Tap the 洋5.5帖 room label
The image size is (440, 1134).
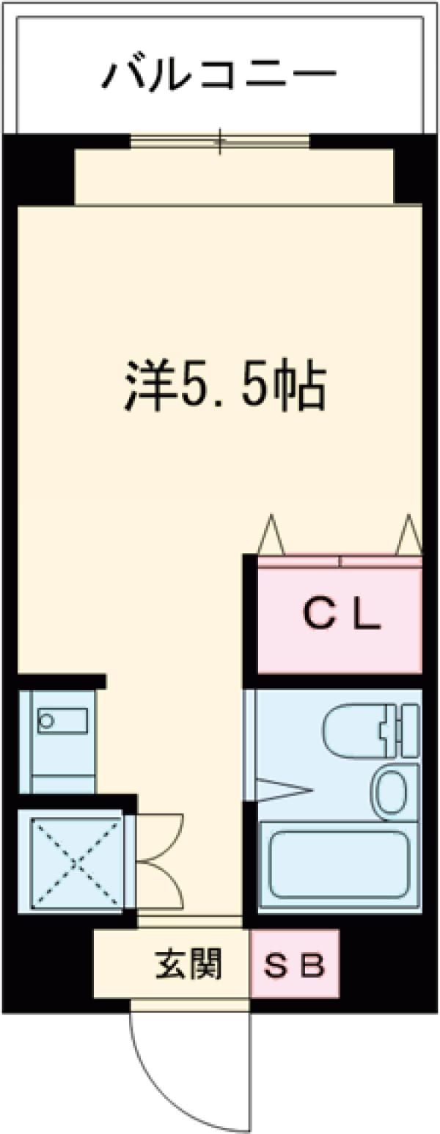click(223, 389)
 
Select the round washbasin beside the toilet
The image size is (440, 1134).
click(388, 791)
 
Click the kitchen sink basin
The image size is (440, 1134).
click(62, 720)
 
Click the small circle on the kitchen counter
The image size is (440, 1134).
click(47, 720)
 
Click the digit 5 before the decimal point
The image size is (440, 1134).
click(197, 389)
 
